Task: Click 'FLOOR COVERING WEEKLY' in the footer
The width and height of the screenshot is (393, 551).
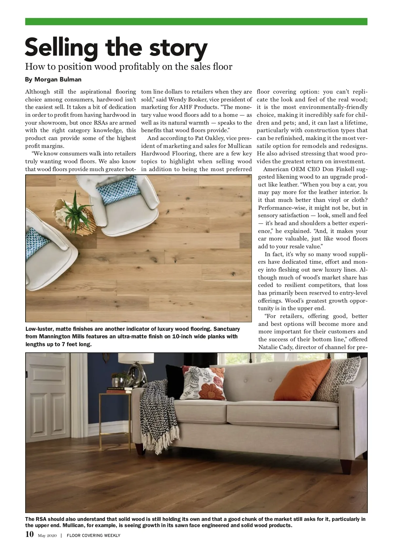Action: tap(93, 536)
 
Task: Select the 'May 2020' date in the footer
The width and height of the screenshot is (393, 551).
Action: tap(47, 536)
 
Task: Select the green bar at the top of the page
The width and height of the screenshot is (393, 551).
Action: tap(196, 22)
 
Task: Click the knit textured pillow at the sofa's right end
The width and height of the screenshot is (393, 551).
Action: tap(341, 376)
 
